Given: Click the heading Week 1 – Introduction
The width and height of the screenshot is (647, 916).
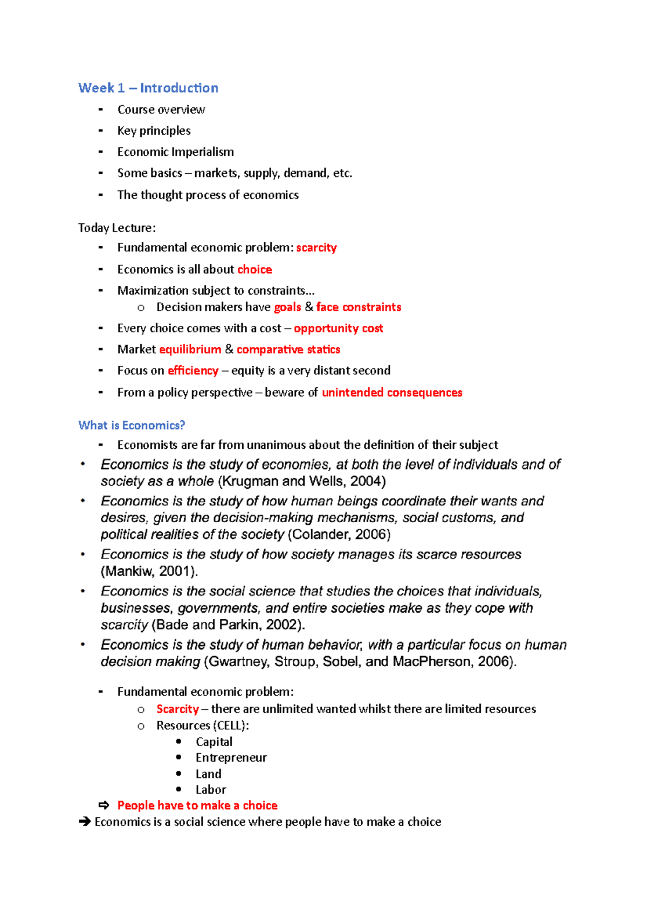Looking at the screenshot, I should [x=148, y=88].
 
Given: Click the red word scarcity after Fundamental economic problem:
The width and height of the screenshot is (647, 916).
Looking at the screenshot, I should [x=316, y=248].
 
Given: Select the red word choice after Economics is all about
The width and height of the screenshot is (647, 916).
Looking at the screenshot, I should [x=254, y=269].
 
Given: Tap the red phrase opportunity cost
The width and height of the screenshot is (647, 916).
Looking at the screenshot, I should [x=338, y=328].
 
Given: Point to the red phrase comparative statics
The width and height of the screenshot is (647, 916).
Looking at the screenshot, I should [x=288, y=350].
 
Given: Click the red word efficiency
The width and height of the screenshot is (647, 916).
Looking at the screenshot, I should [x=193, y=371].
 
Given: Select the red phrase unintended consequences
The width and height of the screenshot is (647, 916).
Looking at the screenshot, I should [x=392, y=392].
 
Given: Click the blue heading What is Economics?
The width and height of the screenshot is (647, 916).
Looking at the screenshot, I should [x=132, y=425].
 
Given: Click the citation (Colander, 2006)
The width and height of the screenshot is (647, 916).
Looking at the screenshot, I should [x=339, y=535].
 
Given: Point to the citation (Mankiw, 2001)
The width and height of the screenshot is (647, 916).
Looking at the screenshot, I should [x=149, y=571].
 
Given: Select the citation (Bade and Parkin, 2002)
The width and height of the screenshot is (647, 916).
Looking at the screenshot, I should [x=229, y=625].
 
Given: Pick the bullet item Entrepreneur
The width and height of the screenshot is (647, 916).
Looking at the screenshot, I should [x=231, y=757].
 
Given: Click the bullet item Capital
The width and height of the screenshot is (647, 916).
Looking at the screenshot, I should [x=214, y=742].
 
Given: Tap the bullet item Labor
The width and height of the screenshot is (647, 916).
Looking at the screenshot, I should [x=211, y=789].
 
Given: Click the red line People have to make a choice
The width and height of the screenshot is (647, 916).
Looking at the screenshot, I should [x=197, y=805].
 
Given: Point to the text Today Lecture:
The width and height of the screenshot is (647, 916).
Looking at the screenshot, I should [x=117, y=228].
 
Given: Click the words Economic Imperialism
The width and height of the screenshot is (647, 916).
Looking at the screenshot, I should [x=176, y=152].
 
